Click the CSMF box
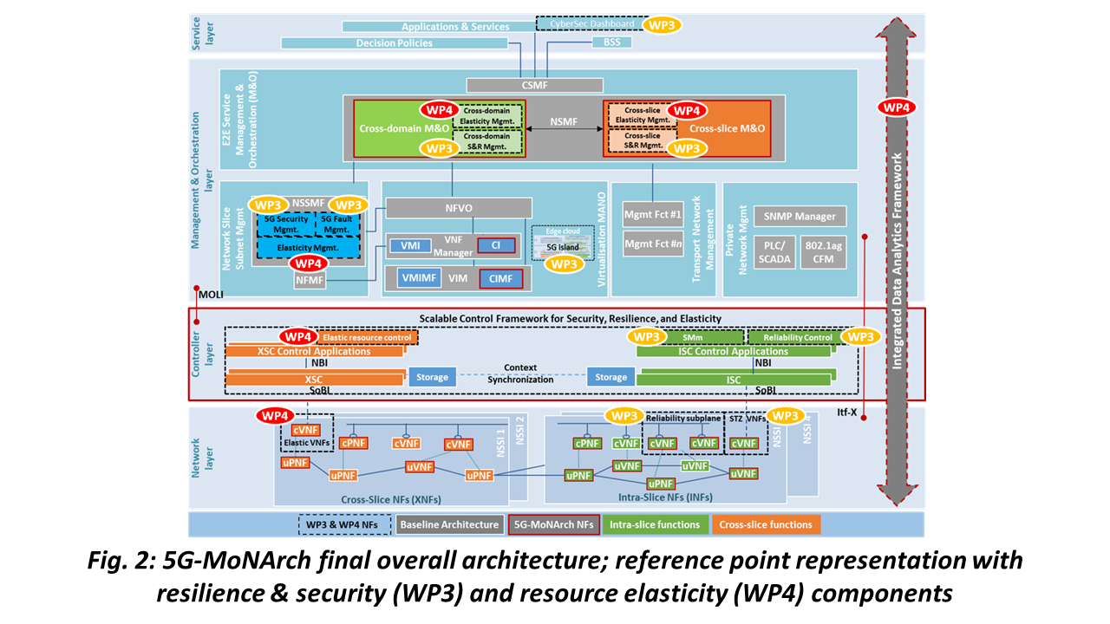coord(534,85)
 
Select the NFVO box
coord(458,208)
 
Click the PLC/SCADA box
coord(774,252)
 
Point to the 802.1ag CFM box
coord(824,252)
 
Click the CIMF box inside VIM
coord(500,278)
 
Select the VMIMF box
coord(421,278)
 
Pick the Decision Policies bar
coord(394,42)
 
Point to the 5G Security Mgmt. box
coord(283,224)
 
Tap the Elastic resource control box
coord(368,336)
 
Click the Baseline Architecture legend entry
coord(449,524)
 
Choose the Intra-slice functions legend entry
coord(655,524)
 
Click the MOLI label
coord(210,296)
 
